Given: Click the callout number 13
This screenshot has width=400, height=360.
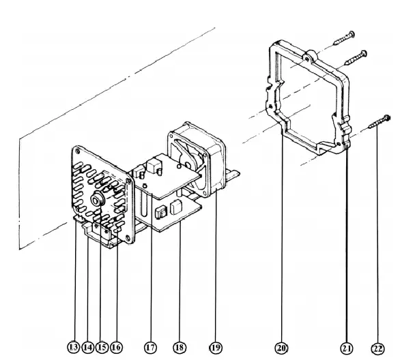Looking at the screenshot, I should pyautogui.click(x=74, y=347).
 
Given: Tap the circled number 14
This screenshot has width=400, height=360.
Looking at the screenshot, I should pyautogui.click(x=88, y=347).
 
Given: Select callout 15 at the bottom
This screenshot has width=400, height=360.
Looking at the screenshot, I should pyautogui.click(x=102, y=347).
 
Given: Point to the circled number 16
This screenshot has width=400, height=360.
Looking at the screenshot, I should pyautogui.click(x=117, y=347).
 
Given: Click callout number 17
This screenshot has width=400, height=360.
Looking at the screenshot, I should pyautogui.click(x=150, y=347).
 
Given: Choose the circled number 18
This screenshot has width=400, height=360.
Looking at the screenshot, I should pyautogui.click(x=180, y=347).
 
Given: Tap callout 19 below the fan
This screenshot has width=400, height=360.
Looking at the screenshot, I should pyautogui.click(x=215, y=347).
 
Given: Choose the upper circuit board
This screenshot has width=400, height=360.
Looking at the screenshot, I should pyautogui.click(x=171, y=174).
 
